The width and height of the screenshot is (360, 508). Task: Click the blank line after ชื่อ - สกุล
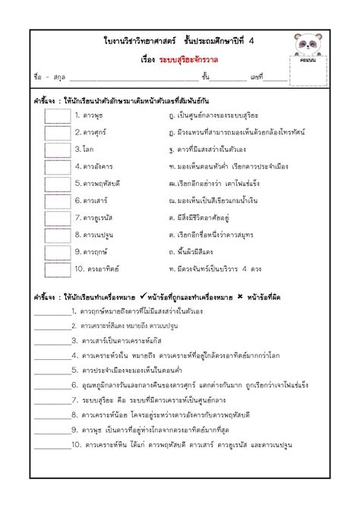click(132, 79)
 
